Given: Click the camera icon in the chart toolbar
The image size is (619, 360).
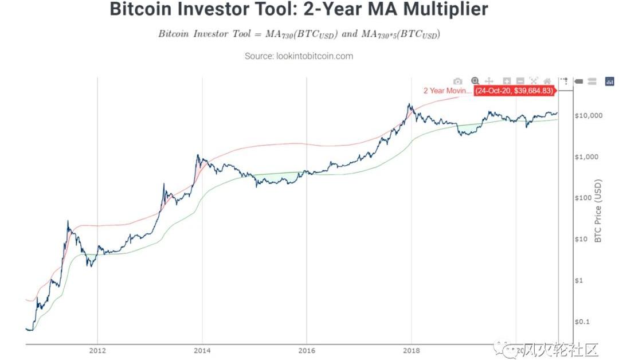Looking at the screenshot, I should coord(457,81).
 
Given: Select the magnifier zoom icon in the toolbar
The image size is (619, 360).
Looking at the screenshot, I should coord(475,81).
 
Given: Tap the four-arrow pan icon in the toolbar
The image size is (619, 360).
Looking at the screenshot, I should coord(489,81).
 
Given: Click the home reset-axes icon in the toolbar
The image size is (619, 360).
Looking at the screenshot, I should coord(547,81).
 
